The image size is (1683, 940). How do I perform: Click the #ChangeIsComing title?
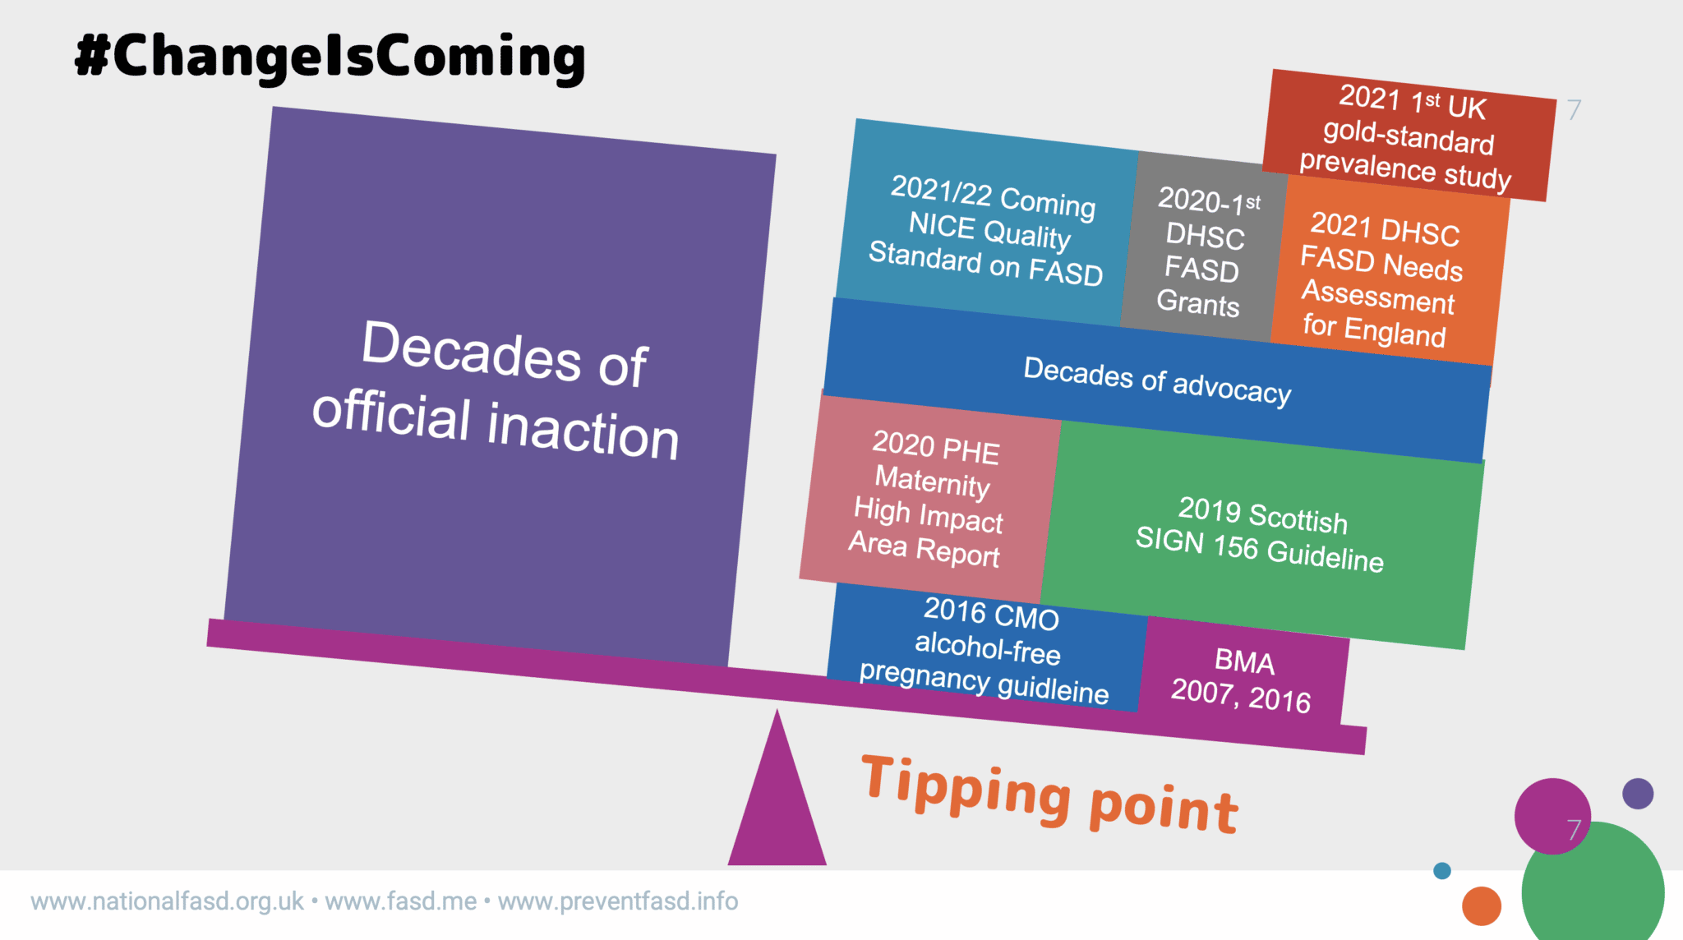[330, 57]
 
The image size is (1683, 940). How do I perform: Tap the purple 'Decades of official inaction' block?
[500, 386]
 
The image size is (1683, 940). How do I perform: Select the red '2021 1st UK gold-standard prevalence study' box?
[1409, 136]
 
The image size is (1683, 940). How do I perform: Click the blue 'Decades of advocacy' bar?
[1157, 380]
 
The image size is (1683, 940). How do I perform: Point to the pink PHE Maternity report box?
[929, 499]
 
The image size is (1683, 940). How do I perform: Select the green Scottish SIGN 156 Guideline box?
[1261, 534]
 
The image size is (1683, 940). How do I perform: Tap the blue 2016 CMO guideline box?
[986, 649]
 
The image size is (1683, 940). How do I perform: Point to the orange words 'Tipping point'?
[1050, 793]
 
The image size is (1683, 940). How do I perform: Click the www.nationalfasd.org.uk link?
[168, 901]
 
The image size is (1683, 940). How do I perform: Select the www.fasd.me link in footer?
[401, 901]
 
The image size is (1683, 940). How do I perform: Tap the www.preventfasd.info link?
[618, 901]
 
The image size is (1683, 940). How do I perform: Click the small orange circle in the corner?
[1482, 906]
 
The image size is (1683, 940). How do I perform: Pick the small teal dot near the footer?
[1442, 871]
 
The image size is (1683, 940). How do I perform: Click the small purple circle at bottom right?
[1638, 794]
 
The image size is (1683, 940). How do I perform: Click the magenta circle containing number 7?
[1552, 817]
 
